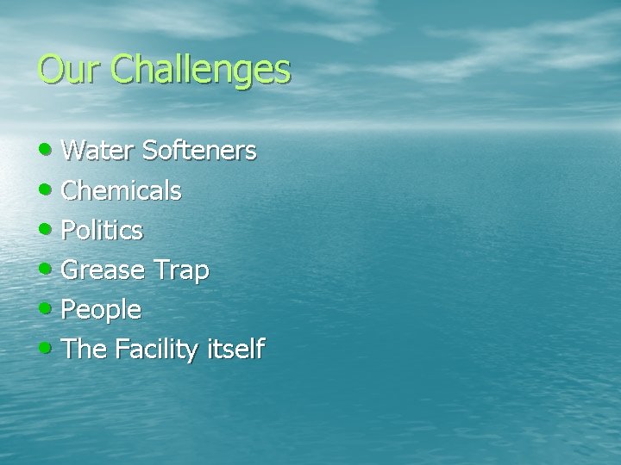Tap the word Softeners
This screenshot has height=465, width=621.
click(x=199, y=152)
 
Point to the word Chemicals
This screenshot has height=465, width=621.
click(x=121, y=191)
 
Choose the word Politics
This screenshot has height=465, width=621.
click(x=102, y=231)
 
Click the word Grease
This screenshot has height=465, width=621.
click(x=103, y=270)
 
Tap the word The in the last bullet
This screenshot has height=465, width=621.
click(x=83, y=350)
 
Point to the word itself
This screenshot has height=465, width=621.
click(x=235, y=350)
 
